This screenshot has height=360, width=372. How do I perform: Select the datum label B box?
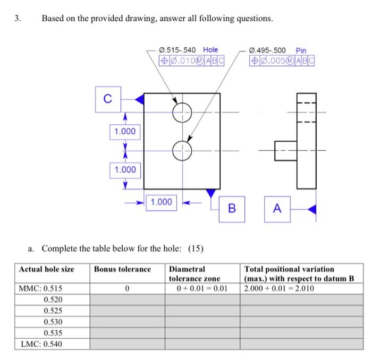coord(231,208)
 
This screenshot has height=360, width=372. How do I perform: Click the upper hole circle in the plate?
coord(182,112)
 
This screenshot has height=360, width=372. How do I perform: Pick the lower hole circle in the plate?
coord(182,150)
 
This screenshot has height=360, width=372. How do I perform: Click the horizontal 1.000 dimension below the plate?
coord(162,202)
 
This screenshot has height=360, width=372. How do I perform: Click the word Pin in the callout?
coord(301,50)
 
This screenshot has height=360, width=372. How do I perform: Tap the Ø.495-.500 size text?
coord(269,50)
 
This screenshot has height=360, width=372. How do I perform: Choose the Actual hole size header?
coord(47,269)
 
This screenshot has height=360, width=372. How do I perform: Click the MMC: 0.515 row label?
coord(40,289)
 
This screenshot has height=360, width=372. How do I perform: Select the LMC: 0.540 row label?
coord(41,344)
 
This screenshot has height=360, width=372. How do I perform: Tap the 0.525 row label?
coord(53,311)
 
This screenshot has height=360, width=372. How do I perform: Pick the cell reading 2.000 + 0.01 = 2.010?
coord(279,289)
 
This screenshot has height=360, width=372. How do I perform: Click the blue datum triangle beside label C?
coord(139,99)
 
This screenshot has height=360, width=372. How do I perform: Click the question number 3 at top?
coord(18,19)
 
